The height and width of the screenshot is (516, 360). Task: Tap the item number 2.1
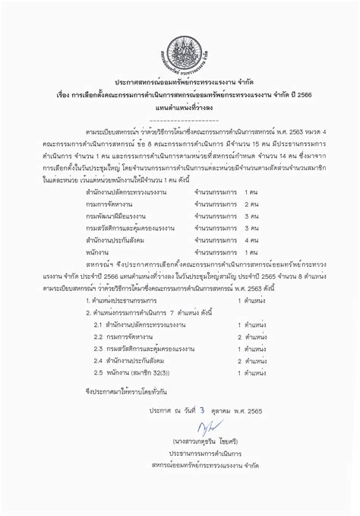point(98,324)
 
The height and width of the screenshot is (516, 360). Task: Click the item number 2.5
point(98,374)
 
